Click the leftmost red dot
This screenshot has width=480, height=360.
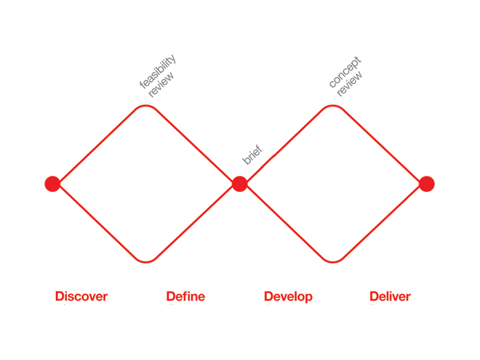click(x=52, y=184)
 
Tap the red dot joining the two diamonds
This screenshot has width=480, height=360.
click(x=240, y=184)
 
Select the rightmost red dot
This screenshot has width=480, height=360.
click(x=427, y=184)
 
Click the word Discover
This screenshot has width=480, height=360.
click(x=81, y=296)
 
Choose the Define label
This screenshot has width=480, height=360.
click(x=186, y=296)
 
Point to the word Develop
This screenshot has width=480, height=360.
click(x=288, y=296)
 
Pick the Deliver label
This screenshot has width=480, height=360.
click(x=390, y=296)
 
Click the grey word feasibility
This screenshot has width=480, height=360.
click(x=157, y=71)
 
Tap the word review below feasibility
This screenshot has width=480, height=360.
click(x=161, y=85)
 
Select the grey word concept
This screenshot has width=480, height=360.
click(x=345, y=72)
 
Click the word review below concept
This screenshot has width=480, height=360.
click(x=349, y=84)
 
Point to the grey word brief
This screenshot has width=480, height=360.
click(x=252, y=155)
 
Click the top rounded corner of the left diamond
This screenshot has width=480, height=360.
click(x=146, y=106)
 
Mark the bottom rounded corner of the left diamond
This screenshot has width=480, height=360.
click(x=146, y=262)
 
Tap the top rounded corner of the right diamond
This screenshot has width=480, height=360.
click(x=332, y=106)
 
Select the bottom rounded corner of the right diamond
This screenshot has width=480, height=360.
click(x=332, y=262)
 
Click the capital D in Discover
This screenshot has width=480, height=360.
click(x=60, y=296)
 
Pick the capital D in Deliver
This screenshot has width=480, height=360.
click(x=374, y=296)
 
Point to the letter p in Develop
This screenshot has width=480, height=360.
click(x=308, y=298)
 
